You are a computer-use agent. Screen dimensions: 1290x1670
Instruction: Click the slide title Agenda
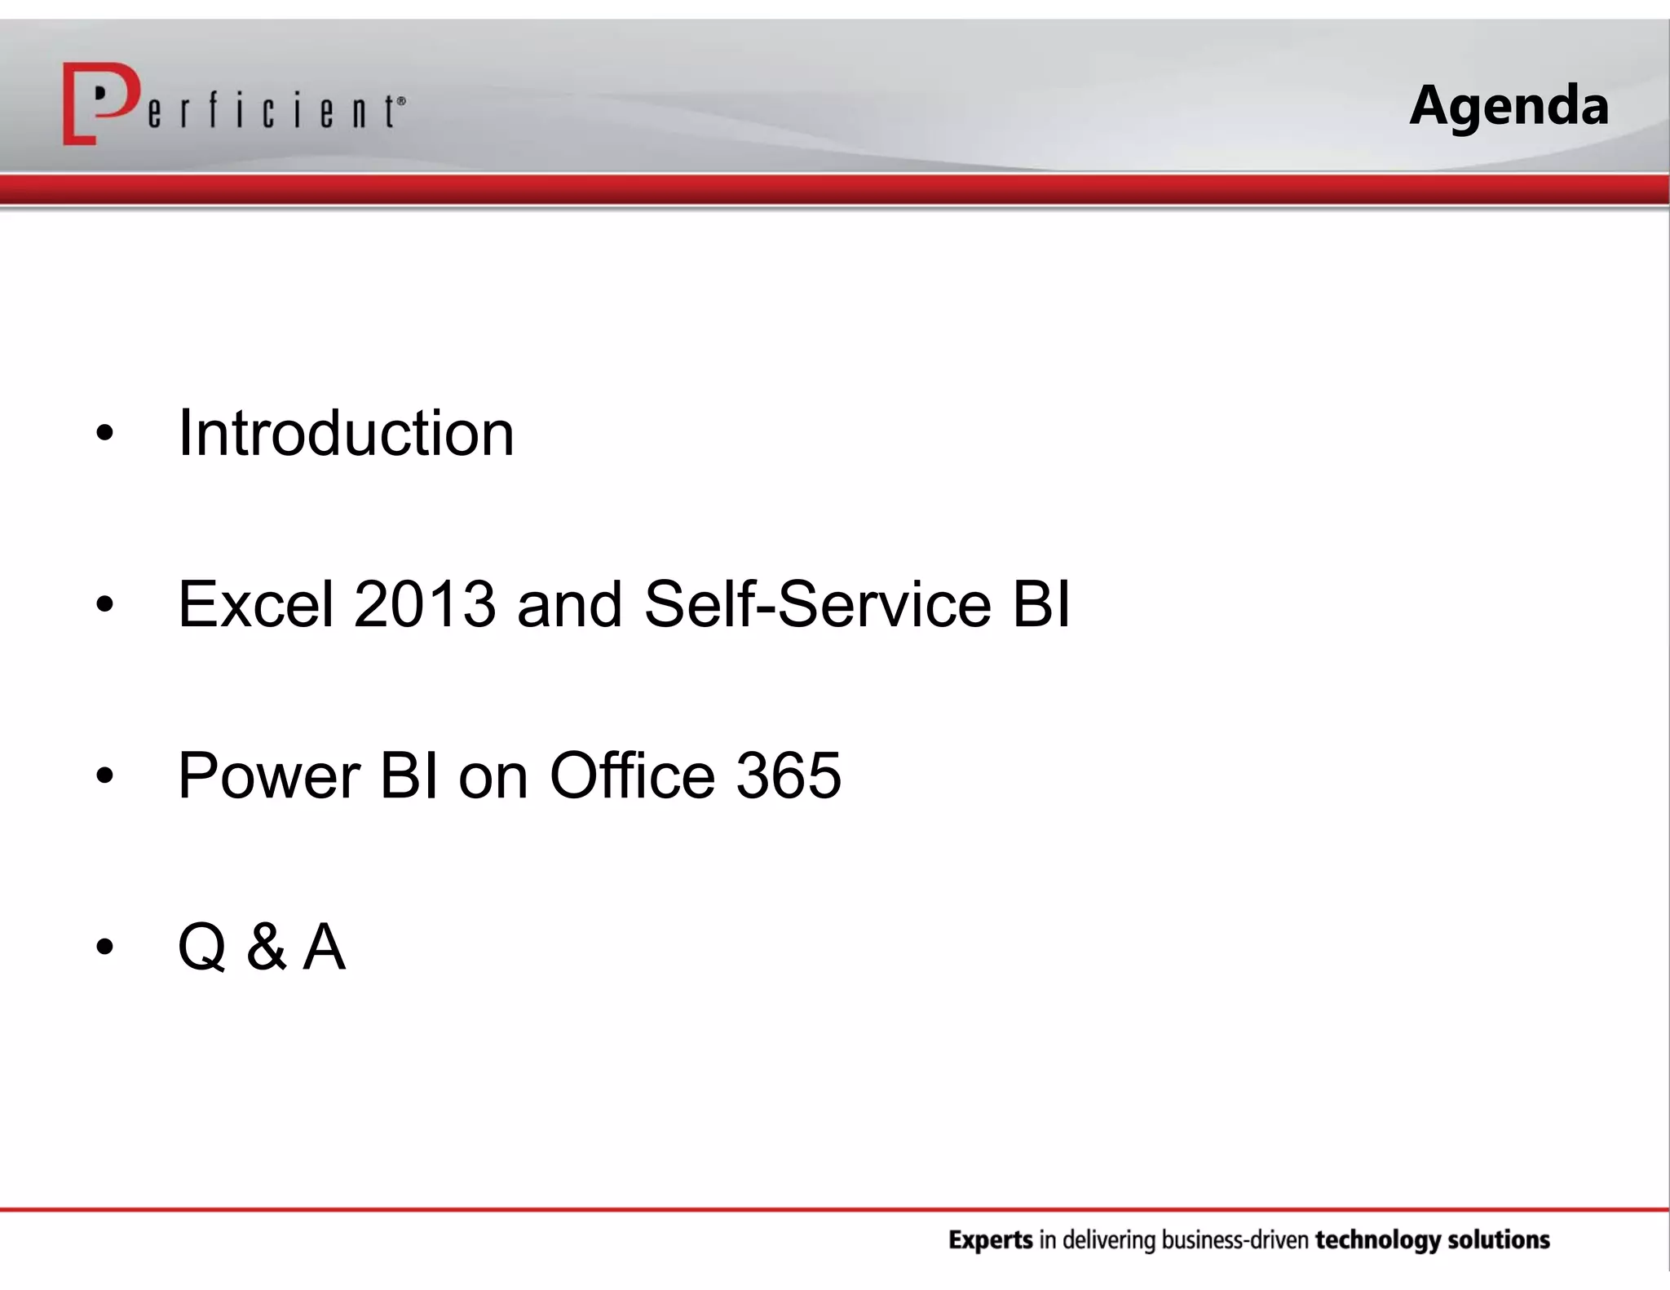pos(1509,107)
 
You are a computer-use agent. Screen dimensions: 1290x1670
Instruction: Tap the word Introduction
pos(346,433)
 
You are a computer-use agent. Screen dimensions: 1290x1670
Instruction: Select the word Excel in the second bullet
pos(256,604)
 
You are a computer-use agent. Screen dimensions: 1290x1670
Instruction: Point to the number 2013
pos(424,604)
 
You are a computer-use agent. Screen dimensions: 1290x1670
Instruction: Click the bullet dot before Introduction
pos(104,435)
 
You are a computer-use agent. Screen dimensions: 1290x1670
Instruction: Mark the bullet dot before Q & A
pos(104,948)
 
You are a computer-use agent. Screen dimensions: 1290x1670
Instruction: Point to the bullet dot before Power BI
pos(104,777)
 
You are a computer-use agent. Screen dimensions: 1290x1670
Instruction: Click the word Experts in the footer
pos(990,1240)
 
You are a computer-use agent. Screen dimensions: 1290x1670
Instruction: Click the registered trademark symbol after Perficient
pos(400,101)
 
